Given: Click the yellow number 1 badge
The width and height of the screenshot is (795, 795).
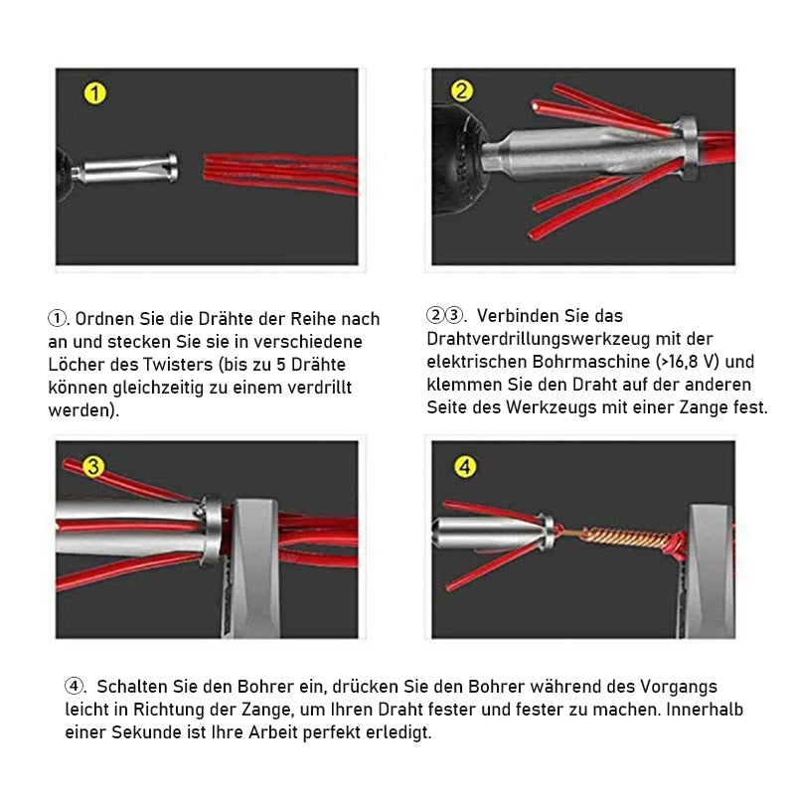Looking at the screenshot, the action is (x=94, y=93).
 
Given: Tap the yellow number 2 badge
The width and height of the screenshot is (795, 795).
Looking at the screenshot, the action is (x=462, y=91).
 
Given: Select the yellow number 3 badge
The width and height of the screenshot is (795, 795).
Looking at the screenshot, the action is (x=93, y=466).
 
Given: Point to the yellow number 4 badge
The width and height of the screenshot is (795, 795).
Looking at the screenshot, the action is (x=465, y=466).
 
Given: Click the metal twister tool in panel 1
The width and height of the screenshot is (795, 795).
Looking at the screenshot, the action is (x=125, y=168).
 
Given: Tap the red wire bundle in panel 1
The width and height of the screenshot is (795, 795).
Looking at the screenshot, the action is (x=281, y=173).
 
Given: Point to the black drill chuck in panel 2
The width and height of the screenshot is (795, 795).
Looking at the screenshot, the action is (x=457, y=158).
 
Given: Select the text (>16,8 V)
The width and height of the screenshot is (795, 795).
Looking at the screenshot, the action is (x=687, y=362).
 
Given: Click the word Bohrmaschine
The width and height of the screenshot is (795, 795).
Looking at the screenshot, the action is (x=591, y=362).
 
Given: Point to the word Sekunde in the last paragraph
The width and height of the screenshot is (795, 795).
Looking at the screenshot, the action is (x=146, y=732).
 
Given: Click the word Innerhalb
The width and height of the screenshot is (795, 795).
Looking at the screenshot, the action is (x=705, y=709).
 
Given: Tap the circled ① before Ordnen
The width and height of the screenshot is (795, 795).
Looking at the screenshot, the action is (x=57, y=319).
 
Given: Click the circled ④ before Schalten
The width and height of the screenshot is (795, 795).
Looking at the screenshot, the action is (x=74, y=686).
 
